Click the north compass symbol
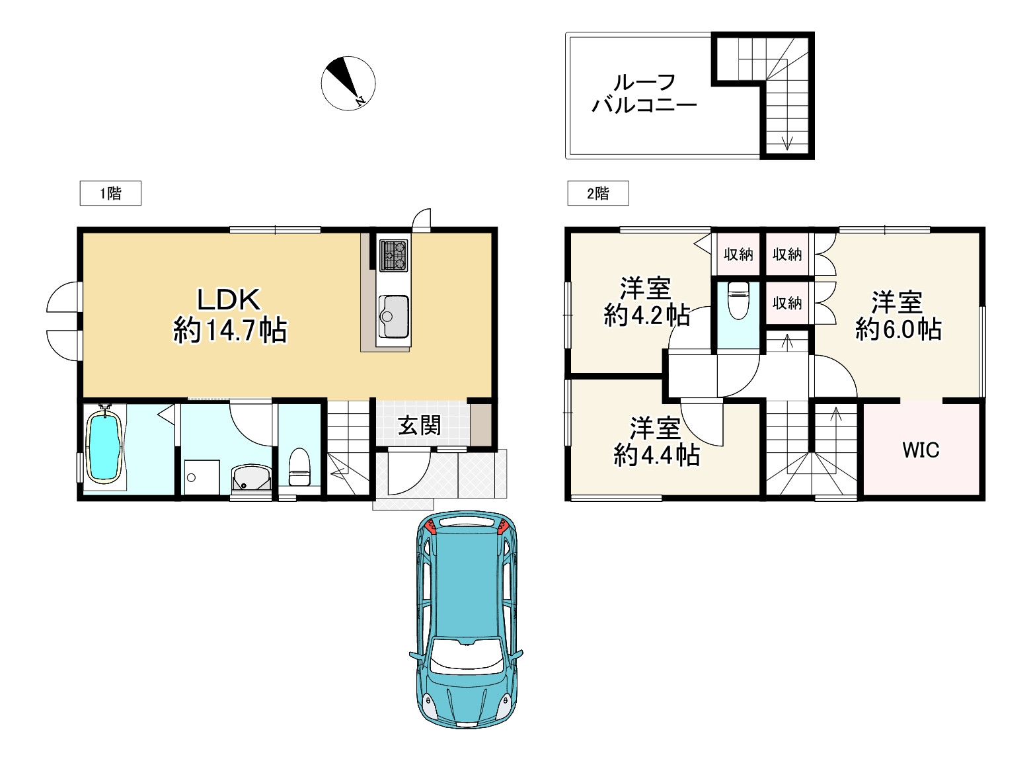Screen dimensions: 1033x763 click(348, 83)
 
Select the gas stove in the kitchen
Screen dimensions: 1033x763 click(393, 255)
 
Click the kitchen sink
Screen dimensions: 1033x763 click(393, 316)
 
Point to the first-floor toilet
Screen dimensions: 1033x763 click(299, 467)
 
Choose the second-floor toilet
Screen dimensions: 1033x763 click(738, 300)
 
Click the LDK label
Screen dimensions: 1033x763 click(229, 300)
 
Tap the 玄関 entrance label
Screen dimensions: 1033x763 click(419, 425)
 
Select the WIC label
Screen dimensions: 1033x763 click(921, 450)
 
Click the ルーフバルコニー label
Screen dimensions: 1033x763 click(644, 94)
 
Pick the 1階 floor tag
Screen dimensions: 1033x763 click(110, 193)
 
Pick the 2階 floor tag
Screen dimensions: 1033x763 click(598, 193)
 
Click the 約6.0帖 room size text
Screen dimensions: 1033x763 click(898, 329)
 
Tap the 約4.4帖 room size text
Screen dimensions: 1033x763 click(657, 454)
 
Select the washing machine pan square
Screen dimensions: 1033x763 click(202, 477)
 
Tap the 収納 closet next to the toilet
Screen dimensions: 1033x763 click(787, 303)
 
